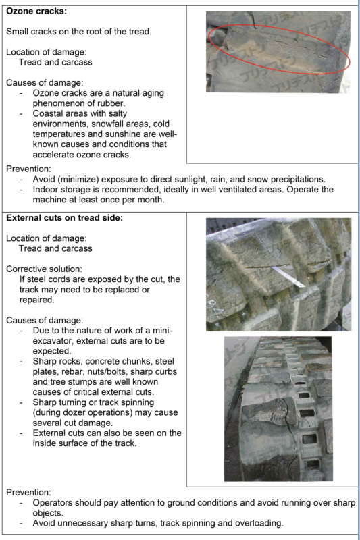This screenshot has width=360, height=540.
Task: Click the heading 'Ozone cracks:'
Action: [36, 11]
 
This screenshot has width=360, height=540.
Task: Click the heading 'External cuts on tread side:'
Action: [64, 218]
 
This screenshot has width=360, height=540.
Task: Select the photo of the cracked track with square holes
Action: [278, 409]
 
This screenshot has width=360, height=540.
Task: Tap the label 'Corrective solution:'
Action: [44, 269]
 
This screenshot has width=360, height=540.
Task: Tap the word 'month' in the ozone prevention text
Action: [150, 200]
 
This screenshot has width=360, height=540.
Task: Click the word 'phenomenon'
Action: [57, 103]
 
